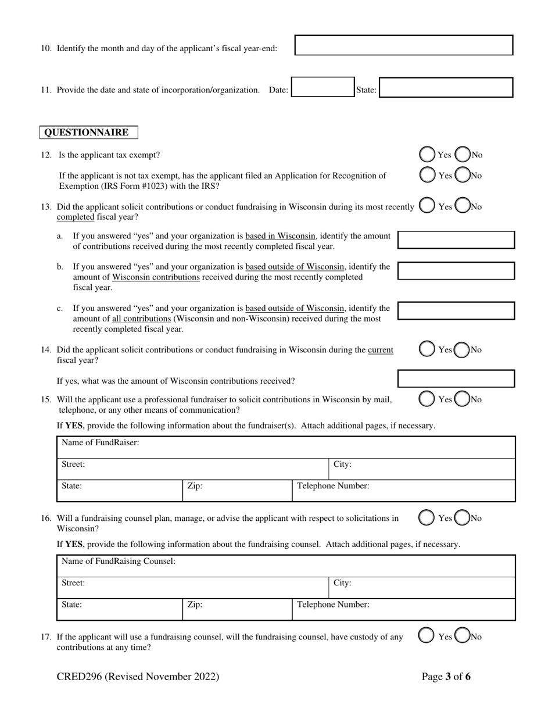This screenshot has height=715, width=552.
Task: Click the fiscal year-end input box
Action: [404, 45]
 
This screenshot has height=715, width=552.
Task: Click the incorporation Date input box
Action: [322, 87]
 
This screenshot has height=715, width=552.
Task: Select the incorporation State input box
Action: [446, 87]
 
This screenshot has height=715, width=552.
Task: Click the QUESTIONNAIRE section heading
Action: [88, 133]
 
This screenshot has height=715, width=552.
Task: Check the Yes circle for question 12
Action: [427, 155]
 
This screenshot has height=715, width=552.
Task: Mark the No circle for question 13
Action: [463, 206]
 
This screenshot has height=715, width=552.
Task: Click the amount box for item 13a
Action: [456, 239]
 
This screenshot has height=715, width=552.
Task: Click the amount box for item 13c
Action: [456, 310]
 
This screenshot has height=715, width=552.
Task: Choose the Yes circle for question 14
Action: [427, 349]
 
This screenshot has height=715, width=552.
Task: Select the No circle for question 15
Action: [463, 399]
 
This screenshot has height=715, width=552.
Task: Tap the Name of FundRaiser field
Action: [286, 447]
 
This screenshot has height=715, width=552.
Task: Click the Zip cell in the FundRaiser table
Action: [237, 490]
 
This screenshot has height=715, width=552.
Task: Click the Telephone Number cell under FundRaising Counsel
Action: [403, 609]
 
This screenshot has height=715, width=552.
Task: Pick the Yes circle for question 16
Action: [427, 518]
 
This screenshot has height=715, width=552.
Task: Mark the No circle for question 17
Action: [463, 637]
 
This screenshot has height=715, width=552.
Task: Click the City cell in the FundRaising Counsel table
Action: [422, 587]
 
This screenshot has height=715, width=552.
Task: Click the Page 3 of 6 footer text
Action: [446, 677]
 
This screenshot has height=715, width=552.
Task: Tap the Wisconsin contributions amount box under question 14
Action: [456, 379]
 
